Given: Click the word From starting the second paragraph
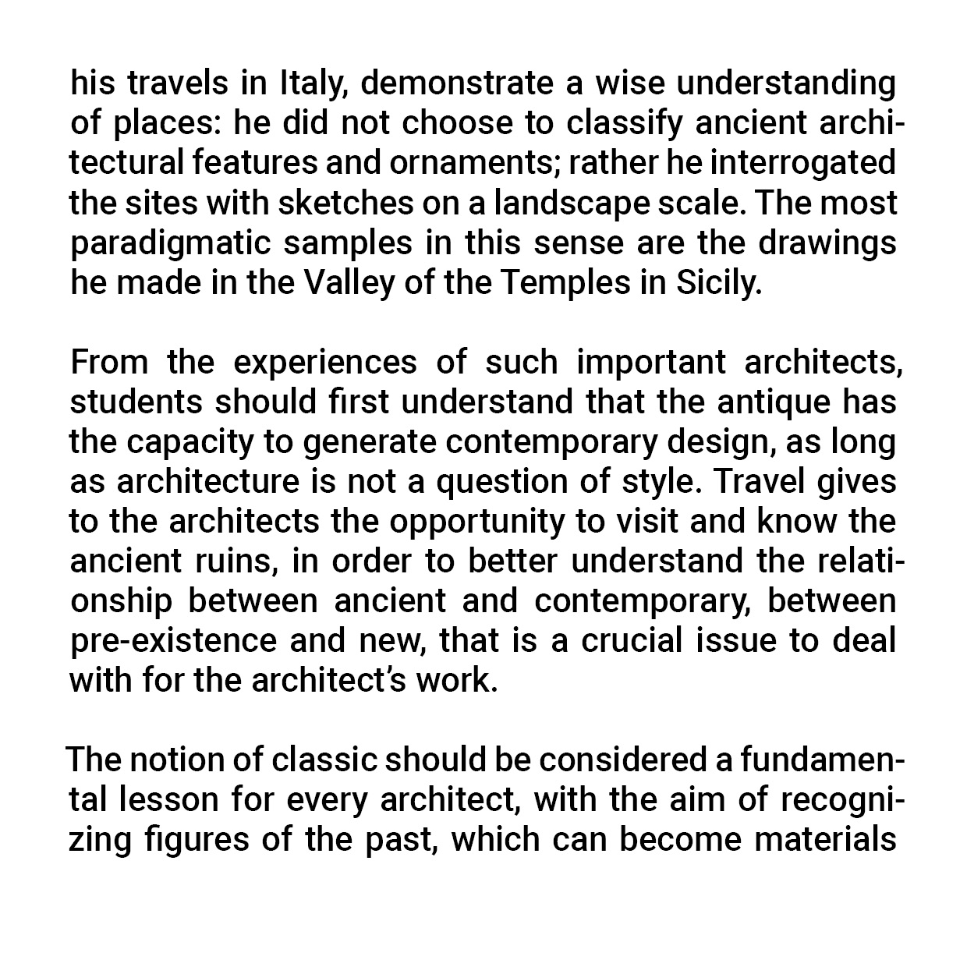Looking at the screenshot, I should [108, 363].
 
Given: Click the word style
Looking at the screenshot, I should [662, 482].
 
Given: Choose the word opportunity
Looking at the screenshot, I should [476, 522].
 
